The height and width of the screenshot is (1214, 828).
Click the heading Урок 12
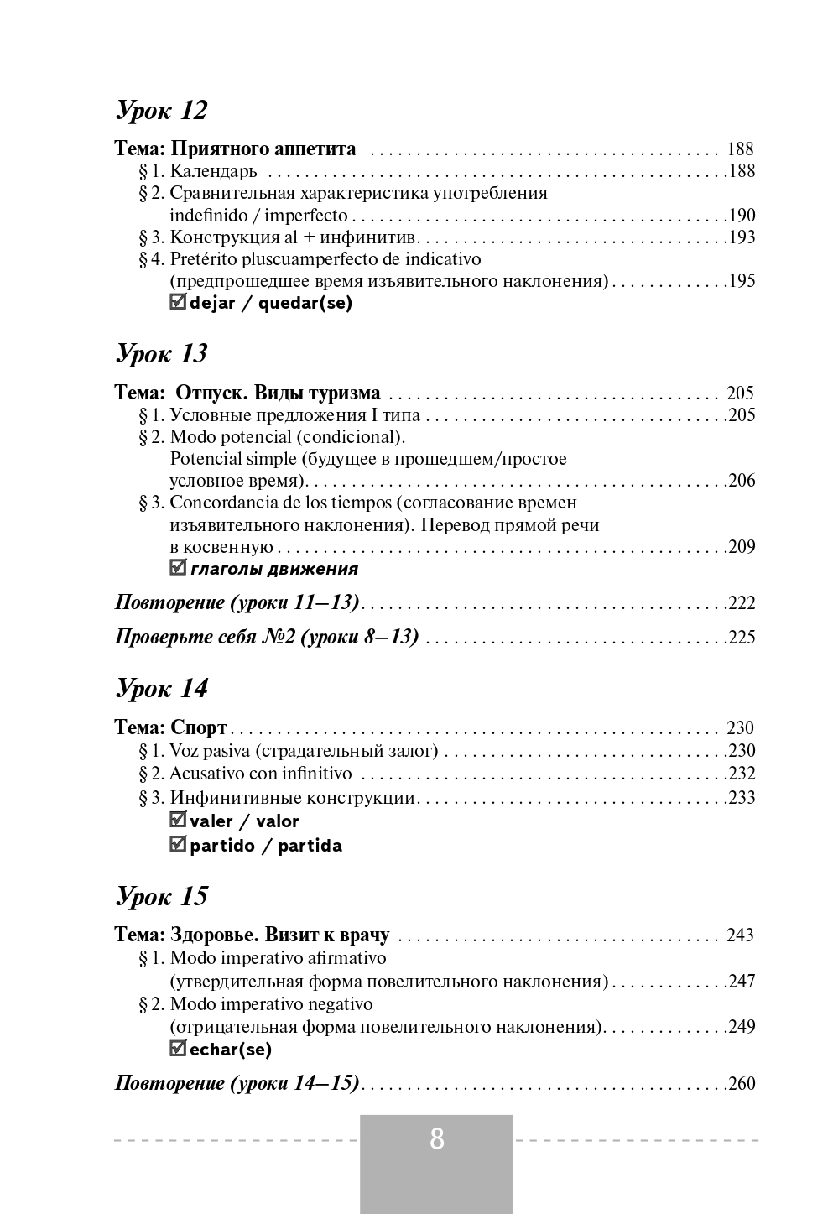160,110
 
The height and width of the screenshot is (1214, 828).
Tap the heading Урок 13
160,353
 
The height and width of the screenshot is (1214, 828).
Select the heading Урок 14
160,688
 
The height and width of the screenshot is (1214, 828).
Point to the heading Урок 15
160,896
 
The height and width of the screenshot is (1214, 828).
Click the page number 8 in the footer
436,1139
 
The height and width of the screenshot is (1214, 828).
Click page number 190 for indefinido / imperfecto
742,215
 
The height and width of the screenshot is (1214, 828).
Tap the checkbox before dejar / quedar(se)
177,302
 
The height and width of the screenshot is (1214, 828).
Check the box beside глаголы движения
177,568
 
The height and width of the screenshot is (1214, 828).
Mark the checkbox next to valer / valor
177,820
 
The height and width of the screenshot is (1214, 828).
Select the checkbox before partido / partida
177,844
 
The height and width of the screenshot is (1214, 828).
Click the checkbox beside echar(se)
177,1048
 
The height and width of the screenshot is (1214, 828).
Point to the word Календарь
213,172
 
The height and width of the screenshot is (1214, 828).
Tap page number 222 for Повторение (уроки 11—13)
742,603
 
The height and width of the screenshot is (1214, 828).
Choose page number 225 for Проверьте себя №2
742,638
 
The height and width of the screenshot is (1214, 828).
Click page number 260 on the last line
742,1084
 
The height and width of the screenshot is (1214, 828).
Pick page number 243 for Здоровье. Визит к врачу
740,935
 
